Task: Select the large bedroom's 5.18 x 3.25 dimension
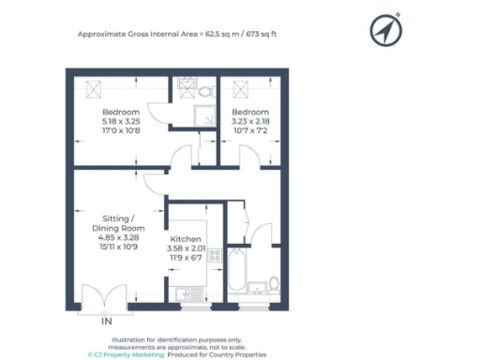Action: pyautogui.click(x=120, y=121)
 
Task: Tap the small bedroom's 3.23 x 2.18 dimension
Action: pyautogui.click(x=249, y=121)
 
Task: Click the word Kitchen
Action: pyautogui.click(x=187, y=239)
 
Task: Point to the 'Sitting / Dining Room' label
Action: pyautogui.click(x=118, y=222)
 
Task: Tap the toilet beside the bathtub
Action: pyautogui.click(x=273, y=282)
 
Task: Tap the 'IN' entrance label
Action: pyautogui.click(x=106, y=322)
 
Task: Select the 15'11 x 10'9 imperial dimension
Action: pyautogui.click(x=118, y=248)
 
